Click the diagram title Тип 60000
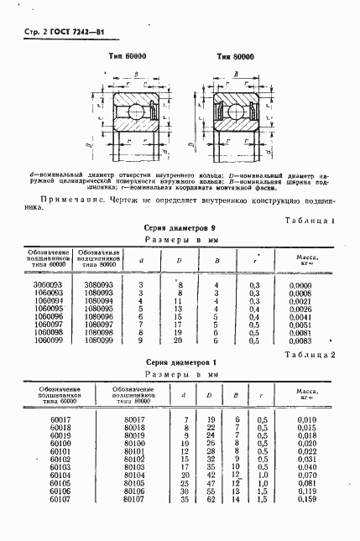(x=125, y=56)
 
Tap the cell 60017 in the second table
(x=61, y=419)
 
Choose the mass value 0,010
(x=308, y=419)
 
